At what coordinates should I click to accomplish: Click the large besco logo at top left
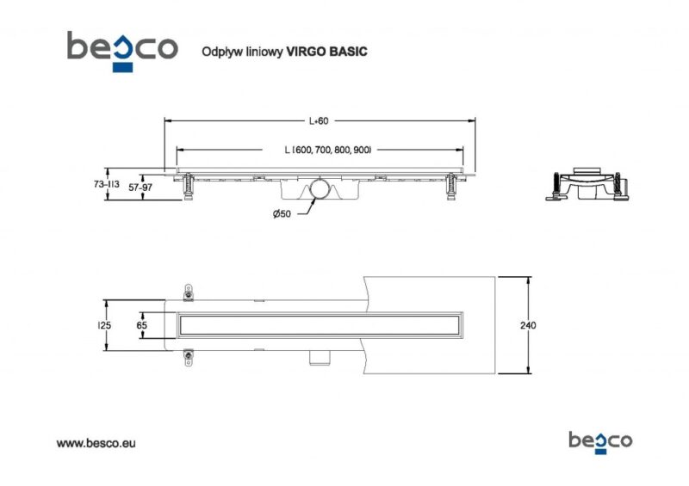[x=122, y=51]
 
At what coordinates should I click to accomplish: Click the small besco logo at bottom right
[x=600, y=442]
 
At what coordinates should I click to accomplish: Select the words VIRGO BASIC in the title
[x=326, y=52]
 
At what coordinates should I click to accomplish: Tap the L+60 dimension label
[x=318, y=120]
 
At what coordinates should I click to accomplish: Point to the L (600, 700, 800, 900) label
[x=328, y=150]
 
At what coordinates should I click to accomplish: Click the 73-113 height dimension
[x=106, y=184]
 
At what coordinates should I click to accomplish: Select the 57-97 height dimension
[x=140, y=188]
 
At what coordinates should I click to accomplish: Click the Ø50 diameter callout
[x=282, y=214]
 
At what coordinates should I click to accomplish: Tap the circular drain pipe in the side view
[x=319, y=189]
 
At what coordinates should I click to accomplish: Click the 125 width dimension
[x=104, y=325]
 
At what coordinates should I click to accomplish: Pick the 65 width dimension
[x=141, y=325]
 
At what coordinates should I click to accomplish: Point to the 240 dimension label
[x=528, y=325]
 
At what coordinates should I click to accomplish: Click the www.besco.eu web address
[x=96, y=443]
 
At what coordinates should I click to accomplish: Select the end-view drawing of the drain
[x=587, y=184]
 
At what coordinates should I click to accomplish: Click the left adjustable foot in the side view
[x=188, y=187]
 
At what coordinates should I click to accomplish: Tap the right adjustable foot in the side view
[x=451, y=187]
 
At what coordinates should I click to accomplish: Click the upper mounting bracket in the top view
[x=188, y=292]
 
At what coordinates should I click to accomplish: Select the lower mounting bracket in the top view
[x=188, y=357]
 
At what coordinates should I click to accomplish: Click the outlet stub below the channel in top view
[x=319, y=357]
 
